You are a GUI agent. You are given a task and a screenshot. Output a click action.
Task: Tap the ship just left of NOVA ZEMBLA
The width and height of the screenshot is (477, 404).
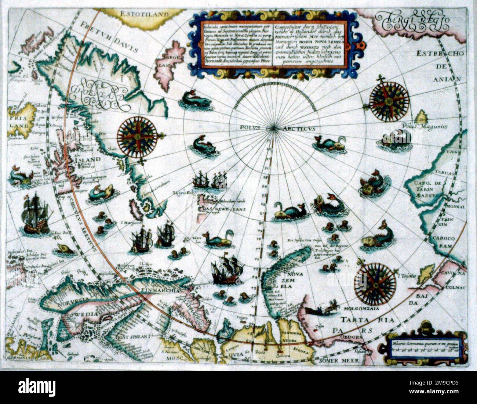[x=227, y=270]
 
